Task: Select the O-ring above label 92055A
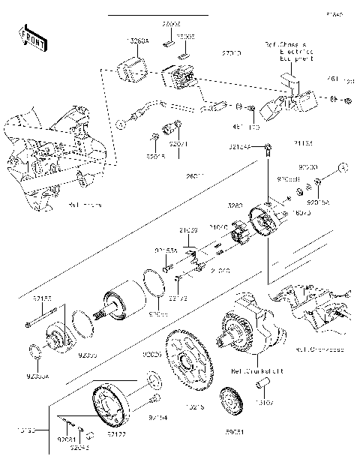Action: pos(34,350)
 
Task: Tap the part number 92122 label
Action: pos(117,434)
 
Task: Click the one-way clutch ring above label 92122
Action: pos(112,404)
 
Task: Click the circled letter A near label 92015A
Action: pos(339,166)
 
